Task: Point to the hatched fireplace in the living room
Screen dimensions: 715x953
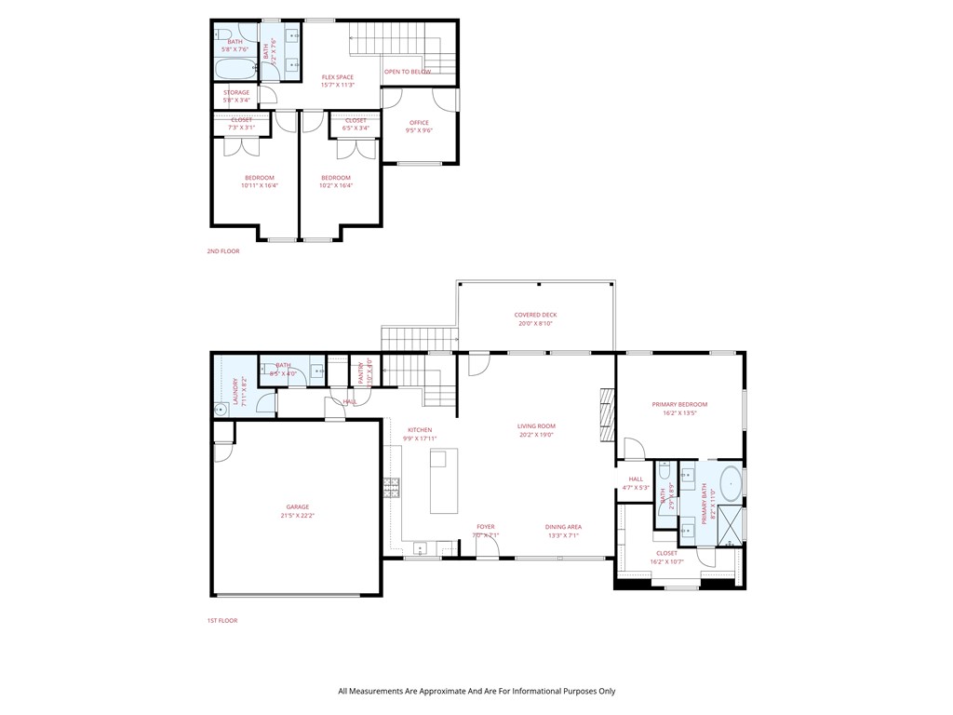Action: point(607,415)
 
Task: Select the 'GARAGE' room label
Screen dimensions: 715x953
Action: point(297,507)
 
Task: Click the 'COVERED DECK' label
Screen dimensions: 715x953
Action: point(535,315)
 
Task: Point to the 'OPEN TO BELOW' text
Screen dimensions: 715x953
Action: point(408,71)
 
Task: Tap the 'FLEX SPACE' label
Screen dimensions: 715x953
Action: point(337,77)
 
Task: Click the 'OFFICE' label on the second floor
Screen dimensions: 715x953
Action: point(419,123)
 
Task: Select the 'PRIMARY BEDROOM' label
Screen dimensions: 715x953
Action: point(679,404)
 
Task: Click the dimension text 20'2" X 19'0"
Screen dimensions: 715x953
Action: point(535,435)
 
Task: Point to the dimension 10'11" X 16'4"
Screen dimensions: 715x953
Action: point(260,185)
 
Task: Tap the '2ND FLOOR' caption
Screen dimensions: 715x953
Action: point(222,250)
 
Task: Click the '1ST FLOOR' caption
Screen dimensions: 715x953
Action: point(222,620)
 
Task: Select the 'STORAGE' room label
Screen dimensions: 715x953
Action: point(236,93)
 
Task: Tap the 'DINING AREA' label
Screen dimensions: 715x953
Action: point(563,527)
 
